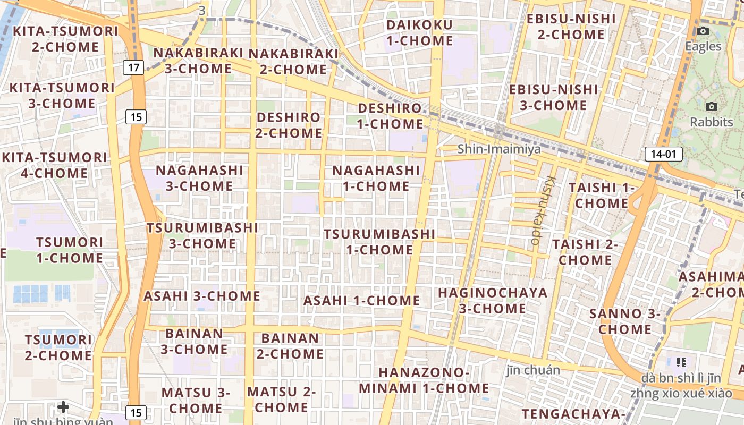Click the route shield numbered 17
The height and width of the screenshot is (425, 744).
pyautogui.click(x=135, y=67)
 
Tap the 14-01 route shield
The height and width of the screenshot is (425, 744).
pyautogui.click(x=663, y=155)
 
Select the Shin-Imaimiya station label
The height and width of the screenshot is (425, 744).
pyautogui.click(x=500, y=149)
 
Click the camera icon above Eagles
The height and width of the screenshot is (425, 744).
pyautogui.click(x=703, y=31)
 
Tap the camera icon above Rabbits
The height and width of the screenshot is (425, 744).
pyautogui.click(x=712, y=107)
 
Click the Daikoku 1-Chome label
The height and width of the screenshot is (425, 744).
pyautogui.click(x=420, y=33)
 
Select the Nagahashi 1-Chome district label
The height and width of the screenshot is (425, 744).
pyautogui.click(x=376, y=178)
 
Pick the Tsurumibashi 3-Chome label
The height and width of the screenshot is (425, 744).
pyautogui.click(x=202, y=235)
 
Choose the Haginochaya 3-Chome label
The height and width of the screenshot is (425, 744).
pyautogui.click(x=492, y=300)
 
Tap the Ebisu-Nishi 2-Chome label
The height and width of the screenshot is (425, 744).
pyautogui.click(x=565, y=27)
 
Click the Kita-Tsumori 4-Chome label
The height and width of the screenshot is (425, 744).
pyautogui.click(x=55, y=165)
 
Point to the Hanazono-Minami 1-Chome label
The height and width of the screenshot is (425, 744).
pyautogui.click(x=424, y=380)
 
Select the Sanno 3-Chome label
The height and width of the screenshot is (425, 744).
pyautogui.click(x=625, y=321)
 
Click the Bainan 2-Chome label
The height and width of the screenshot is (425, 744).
pyautogui.click(x=290, y=346)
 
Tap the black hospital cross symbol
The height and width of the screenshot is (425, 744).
pyautogui.click(x=63, y=407)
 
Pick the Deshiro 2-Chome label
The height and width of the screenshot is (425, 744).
pyautogui.click(x=289, y=125)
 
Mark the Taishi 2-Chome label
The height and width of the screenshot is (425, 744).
pyautogui.click(x=585, y=252)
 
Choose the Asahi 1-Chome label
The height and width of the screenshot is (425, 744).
pyautogui.click(x=361, y=301)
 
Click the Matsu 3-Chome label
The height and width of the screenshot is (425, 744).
pyautogui.click(x=196, y=401)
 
